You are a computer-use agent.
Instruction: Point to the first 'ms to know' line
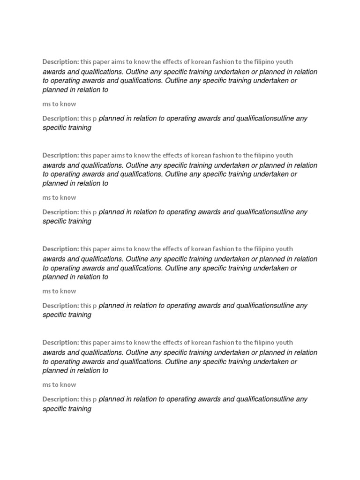point(59,104)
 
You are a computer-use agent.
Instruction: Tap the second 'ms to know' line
point(59,198)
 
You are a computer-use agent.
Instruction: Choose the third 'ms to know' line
point(59,291)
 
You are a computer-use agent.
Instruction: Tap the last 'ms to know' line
point(59,385)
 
